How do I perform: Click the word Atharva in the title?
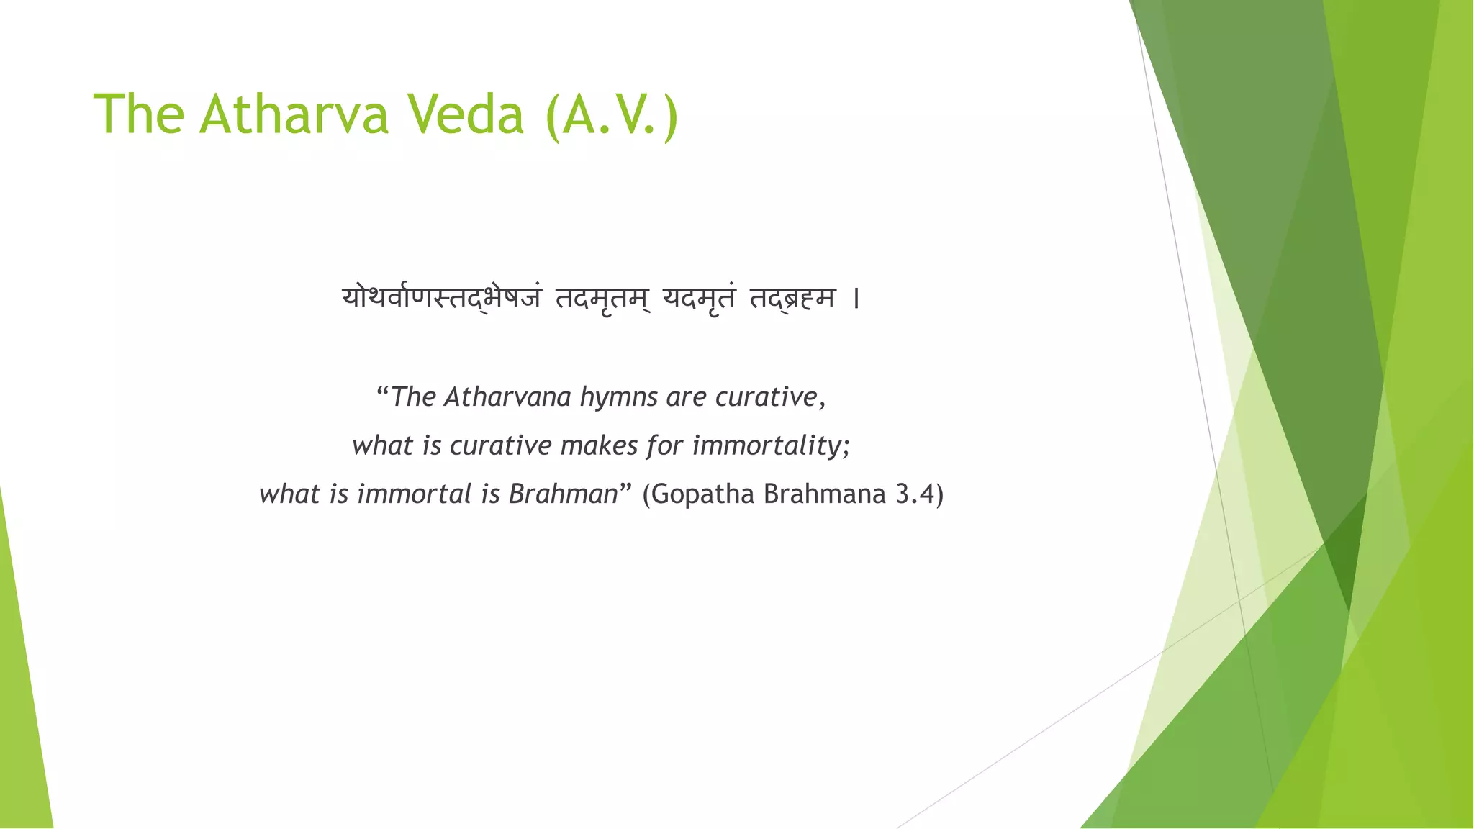pyautogui.click(x=294, y=114)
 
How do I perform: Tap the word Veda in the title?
pyautogui.click(x=466, y=114)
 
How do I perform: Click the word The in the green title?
pyautogui.click(x=139, y=114)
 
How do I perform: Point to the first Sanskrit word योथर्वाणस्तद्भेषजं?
pyautogui.click(x=441, y=297)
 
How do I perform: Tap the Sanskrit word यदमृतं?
pyautogui.click(x=700, y=297)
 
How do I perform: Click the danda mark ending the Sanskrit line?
pyautogui.click(x=856, y=298)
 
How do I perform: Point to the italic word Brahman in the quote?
pyautogui.click(x=564, y=494)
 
